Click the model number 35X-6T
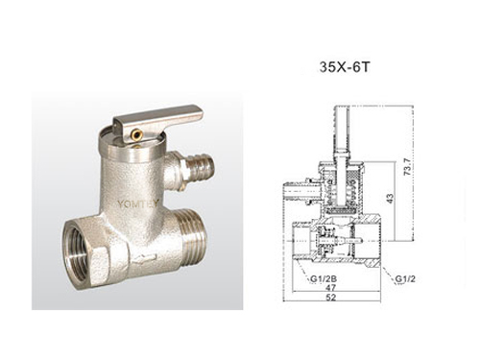[x=345, y=67]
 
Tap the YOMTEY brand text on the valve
[x=137, y=204]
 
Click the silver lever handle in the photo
[x=157, y=119]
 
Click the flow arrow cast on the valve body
[x=145, y=257]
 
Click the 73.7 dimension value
[x=407, y=166]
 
